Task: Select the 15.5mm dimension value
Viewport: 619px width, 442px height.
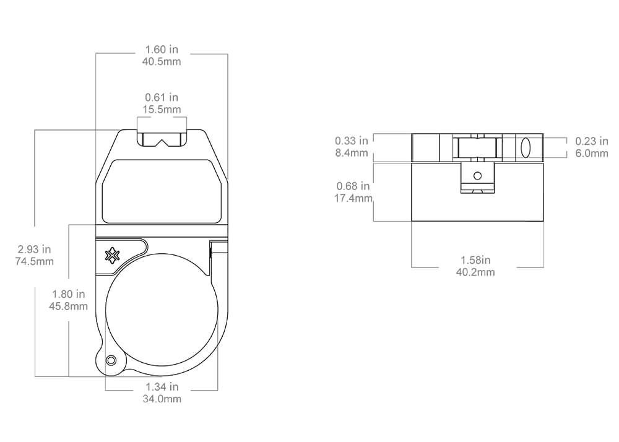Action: click(x=162, y=110)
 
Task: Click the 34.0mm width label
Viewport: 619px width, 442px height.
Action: click(x=162, y=399)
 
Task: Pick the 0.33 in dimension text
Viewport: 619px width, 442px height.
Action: click(x=352, y=141)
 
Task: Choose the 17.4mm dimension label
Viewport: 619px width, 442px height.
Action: click(x=353, y=198)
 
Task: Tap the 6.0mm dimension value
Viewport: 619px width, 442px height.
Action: click(x=592, y=153)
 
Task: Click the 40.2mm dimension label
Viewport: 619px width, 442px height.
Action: click(x=477, y=272)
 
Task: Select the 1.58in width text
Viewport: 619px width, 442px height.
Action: click(x=477, y=260)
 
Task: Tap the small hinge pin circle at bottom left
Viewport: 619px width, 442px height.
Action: click(x=111, y=360)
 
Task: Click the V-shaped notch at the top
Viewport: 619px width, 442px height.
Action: click(x=162, y=142)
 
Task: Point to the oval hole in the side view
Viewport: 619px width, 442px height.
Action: click(x=526, y=148)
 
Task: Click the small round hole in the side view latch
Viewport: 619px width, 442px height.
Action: click(x=477, y=176)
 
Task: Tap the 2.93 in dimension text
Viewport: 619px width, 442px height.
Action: click(x=35, y=249)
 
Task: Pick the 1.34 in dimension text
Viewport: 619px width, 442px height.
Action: click(x=162, y=388)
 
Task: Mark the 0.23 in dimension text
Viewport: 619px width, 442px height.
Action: click(x=592, y=142)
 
